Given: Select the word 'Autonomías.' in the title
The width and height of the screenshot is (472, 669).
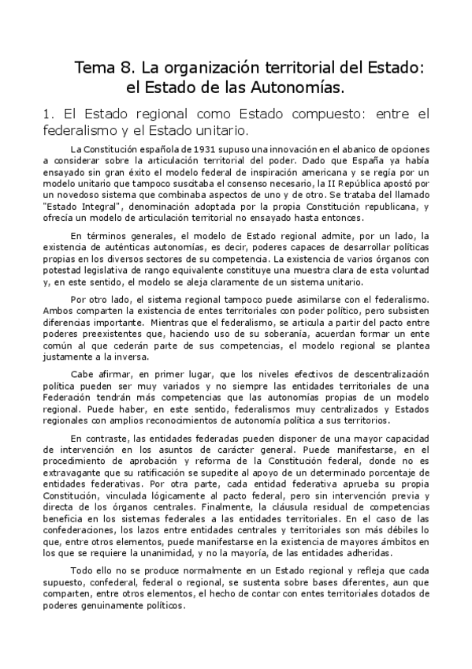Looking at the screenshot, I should [x=301, y=85].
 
